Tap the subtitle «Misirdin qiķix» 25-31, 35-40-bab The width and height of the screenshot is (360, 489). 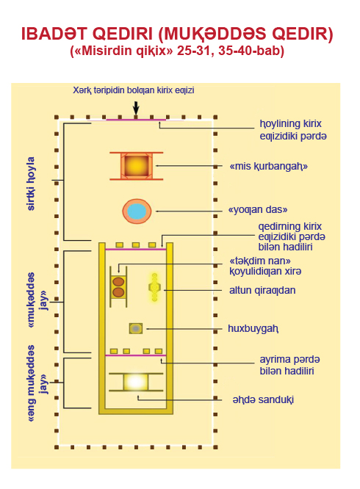[177, 51]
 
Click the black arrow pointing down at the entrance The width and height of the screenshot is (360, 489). [136, 108]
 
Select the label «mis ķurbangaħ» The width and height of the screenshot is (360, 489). [269, 166]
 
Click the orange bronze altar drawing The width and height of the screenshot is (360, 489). [137, 166]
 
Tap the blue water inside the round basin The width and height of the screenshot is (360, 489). [137, 211]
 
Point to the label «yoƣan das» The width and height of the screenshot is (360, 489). [258, 209]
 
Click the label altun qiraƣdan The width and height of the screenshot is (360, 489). [262, 290]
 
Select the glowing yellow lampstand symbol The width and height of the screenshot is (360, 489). [154, 287]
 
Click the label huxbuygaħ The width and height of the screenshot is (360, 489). [253, 329]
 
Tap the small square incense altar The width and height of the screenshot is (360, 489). [136, 329]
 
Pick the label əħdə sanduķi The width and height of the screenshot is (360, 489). [263, 399]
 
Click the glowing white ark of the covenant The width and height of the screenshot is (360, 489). [136, 382]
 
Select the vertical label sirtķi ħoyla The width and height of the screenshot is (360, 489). [31, 184]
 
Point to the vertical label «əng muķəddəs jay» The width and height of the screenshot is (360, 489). [37, 383]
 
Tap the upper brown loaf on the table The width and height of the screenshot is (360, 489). [118, 282]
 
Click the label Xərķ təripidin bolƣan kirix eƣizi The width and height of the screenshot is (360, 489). [134, 90]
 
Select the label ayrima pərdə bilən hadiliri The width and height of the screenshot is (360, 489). [289, 365]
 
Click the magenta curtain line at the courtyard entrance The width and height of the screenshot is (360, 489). [136, 120]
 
